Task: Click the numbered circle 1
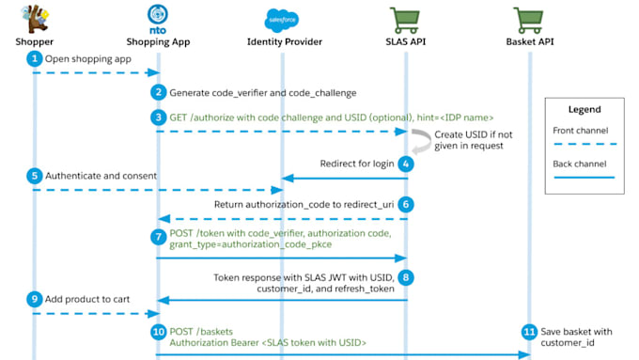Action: tap(35, 58)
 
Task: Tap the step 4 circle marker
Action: tap(406, 163)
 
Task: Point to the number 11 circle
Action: tap(529, 332)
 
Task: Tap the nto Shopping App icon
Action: tap(158, 16)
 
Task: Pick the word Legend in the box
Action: tap(583, 109)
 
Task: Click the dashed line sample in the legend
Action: tap(583, 144)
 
